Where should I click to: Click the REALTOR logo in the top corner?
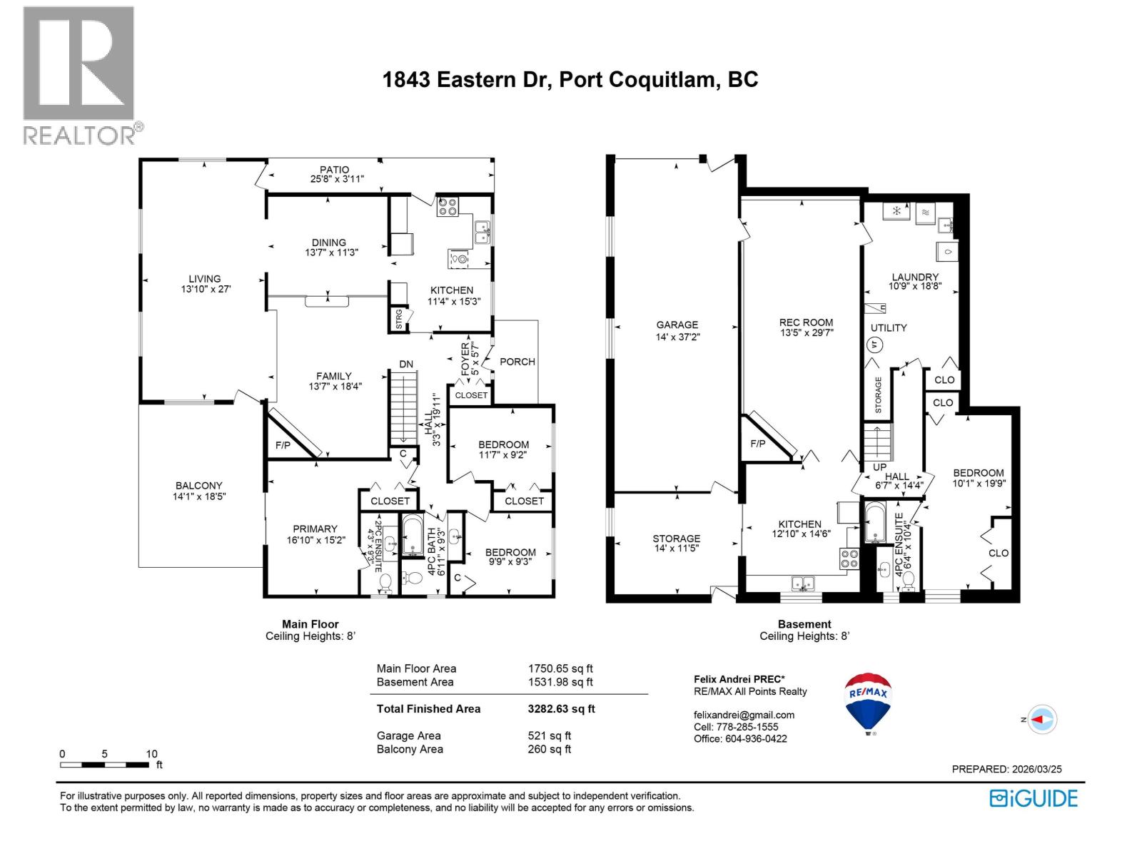(x=79, y=75)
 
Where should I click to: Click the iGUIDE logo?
(x=1034, y=798)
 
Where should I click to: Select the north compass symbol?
(x=1044, y=720)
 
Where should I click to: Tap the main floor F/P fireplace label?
(x=283, y=445)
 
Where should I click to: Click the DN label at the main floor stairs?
(x=405, y=364)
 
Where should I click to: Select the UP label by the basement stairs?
(x=879, y=467)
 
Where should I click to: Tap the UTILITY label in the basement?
(x=889, y=327)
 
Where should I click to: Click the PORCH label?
(x=517, y=362)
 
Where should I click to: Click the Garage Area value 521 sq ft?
(x=549, y=735)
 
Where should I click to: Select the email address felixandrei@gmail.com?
(x=744, y=715)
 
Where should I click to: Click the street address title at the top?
(x=570, y=79)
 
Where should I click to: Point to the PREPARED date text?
(x=1006, y=769)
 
